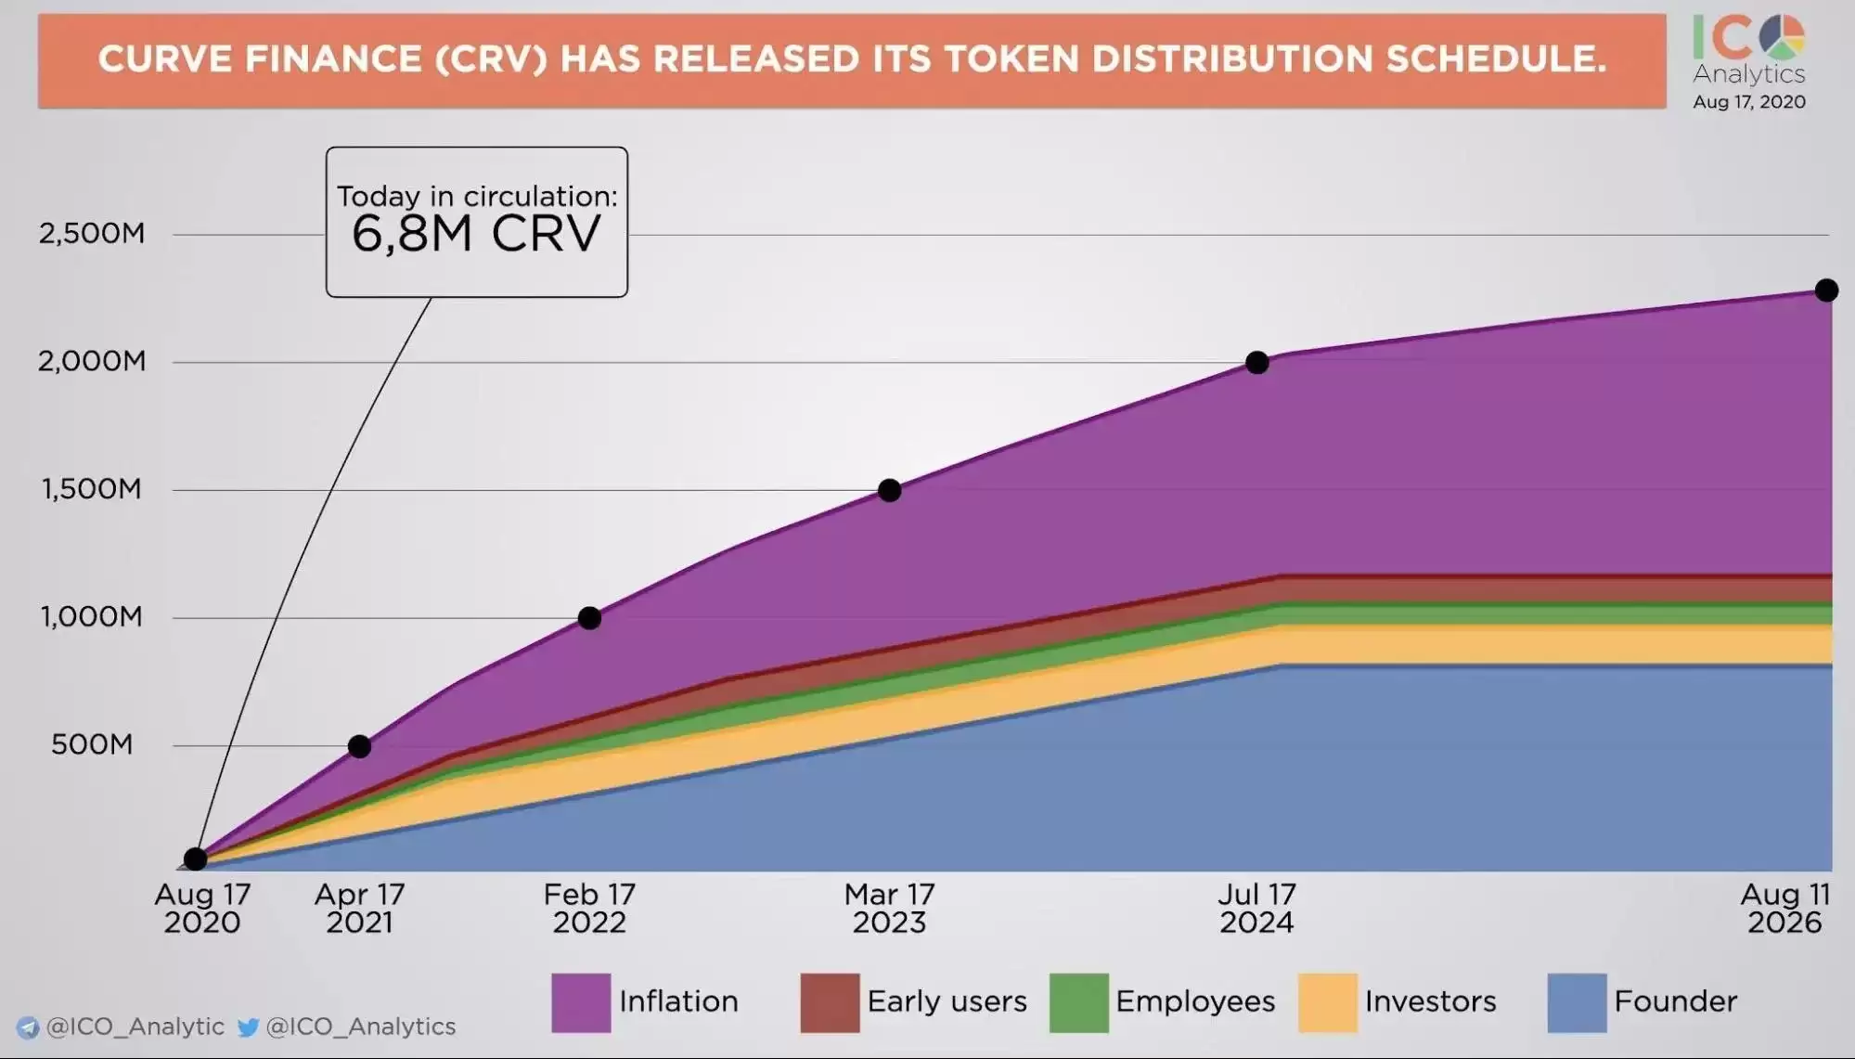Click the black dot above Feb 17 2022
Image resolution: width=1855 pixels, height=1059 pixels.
pyautogui.click(x=589, y=618)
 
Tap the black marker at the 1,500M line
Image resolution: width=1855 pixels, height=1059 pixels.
pyautogui.click(x=889, y=490)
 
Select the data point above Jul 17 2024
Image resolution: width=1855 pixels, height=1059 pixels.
pyautogui.click(x=1257, y=363)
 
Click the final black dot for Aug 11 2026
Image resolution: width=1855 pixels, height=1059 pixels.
pyautogui.click(x=1826, y=291)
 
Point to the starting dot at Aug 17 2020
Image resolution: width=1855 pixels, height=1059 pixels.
pyautogui.click(x=195, y=859)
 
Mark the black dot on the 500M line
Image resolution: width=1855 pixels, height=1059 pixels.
pyautogui.click(x=360, y=746)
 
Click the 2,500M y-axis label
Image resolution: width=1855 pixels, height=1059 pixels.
pyautogui.click(x=92, y=233)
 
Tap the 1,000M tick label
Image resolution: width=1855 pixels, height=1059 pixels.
pyautogui.click(x=92, y=617)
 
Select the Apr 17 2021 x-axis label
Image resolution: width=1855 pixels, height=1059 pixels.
pyautogui.click(x=359, y=908)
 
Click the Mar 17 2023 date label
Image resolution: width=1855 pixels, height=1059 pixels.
pyautogui.click(x=889, y=908)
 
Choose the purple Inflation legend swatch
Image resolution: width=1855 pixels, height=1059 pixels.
pyautogui.click(x=581, y=1002)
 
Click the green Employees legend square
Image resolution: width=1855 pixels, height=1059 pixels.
pyautogui.click(x=1078, y=1002)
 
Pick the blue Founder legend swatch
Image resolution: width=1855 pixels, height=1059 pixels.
pyautogui.click(x=1577, y=1002)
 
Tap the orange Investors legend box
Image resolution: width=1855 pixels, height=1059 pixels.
pyautogui.click(x=1328, y=1002)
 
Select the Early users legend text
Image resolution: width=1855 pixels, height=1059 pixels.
pyautogui.click(x=947, y=1001)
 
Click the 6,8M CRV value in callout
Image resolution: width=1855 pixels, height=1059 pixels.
pyautogui.click(x=476, y=234)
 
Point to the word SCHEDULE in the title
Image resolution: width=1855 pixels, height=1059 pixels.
pyautogui.click(x=1496, y=59)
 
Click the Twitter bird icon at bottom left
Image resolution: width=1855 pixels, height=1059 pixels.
pyautogui.click(x=248, y=1027)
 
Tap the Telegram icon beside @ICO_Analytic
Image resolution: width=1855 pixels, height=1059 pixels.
pyautogui.click(x=29, y=1027)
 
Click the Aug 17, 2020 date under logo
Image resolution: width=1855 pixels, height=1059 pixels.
pyautogui.click(x=1748, y=102)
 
